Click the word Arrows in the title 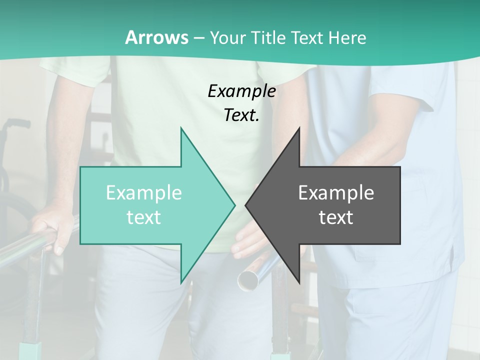[156, 37]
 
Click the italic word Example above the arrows [241, 91]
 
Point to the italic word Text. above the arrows [241, 115]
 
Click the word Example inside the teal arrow [144, 192]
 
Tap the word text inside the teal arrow [144, 217]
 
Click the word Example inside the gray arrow [336, 192]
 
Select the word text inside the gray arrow [336, 217]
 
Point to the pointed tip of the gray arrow [246, 205]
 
